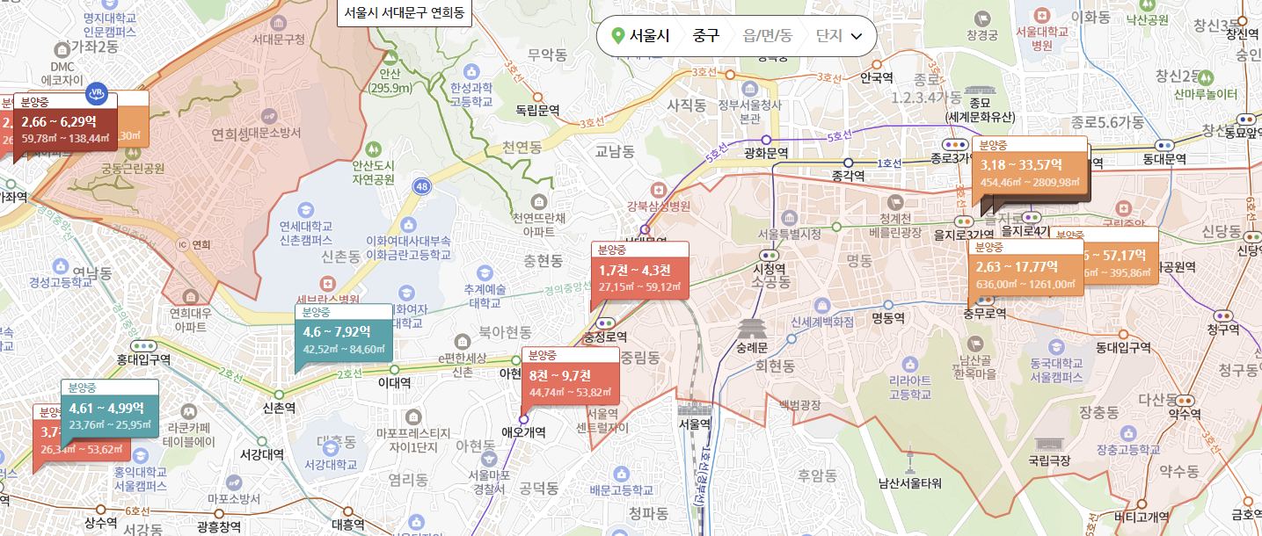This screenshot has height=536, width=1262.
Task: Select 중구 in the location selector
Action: tap(705, 36)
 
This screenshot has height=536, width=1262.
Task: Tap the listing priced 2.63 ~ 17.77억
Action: tap(1025, 272)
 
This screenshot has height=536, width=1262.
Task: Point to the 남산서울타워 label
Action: tap(909, 482)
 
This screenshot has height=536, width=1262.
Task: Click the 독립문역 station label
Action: tap(538, 110)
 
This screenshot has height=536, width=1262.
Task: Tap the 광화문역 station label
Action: tap(766, 153)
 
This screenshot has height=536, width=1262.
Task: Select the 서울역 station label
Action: tap(694, 423)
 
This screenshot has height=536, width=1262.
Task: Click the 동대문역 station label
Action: tap(1165, 159)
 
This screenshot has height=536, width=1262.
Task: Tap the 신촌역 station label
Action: tap(279, 409)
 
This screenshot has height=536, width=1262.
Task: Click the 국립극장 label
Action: tap(1049, 460)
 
